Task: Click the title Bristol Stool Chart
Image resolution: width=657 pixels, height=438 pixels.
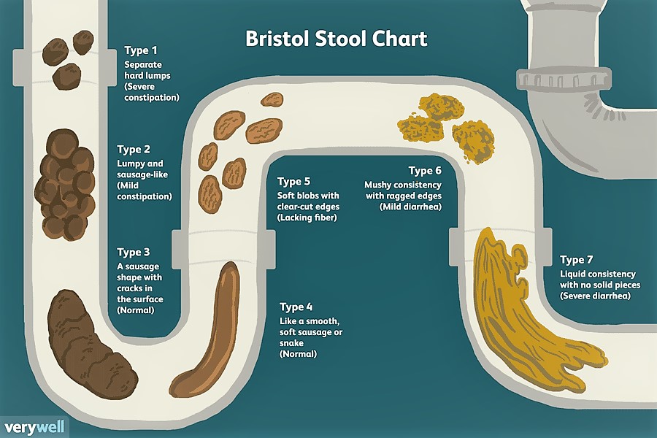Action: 336,38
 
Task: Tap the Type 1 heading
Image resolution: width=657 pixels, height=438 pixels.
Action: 140,50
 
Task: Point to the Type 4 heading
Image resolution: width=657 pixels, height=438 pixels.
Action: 297,307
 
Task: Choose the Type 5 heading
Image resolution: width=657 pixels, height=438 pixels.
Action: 294,182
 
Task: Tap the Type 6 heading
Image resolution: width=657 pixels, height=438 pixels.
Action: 425,171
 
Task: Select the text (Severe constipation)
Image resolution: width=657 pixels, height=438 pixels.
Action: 150,91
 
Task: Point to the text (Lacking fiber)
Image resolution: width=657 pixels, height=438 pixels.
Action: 307,218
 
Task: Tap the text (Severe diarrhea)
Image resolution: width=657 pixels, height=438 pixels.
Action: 594,296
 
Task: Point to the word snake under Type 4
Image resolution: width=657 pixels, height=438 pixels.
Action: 292,343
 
